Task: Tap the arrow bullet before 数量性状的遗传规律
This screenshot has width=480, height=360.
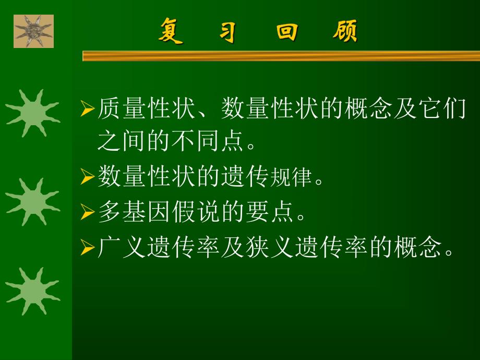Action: (x=87, y=178)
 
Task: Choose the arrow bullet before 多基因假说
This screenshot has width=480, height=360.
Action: (x=87, y=213)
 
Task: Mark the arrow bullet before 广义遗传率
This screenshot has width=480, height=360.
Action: (x=87, y=248)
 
